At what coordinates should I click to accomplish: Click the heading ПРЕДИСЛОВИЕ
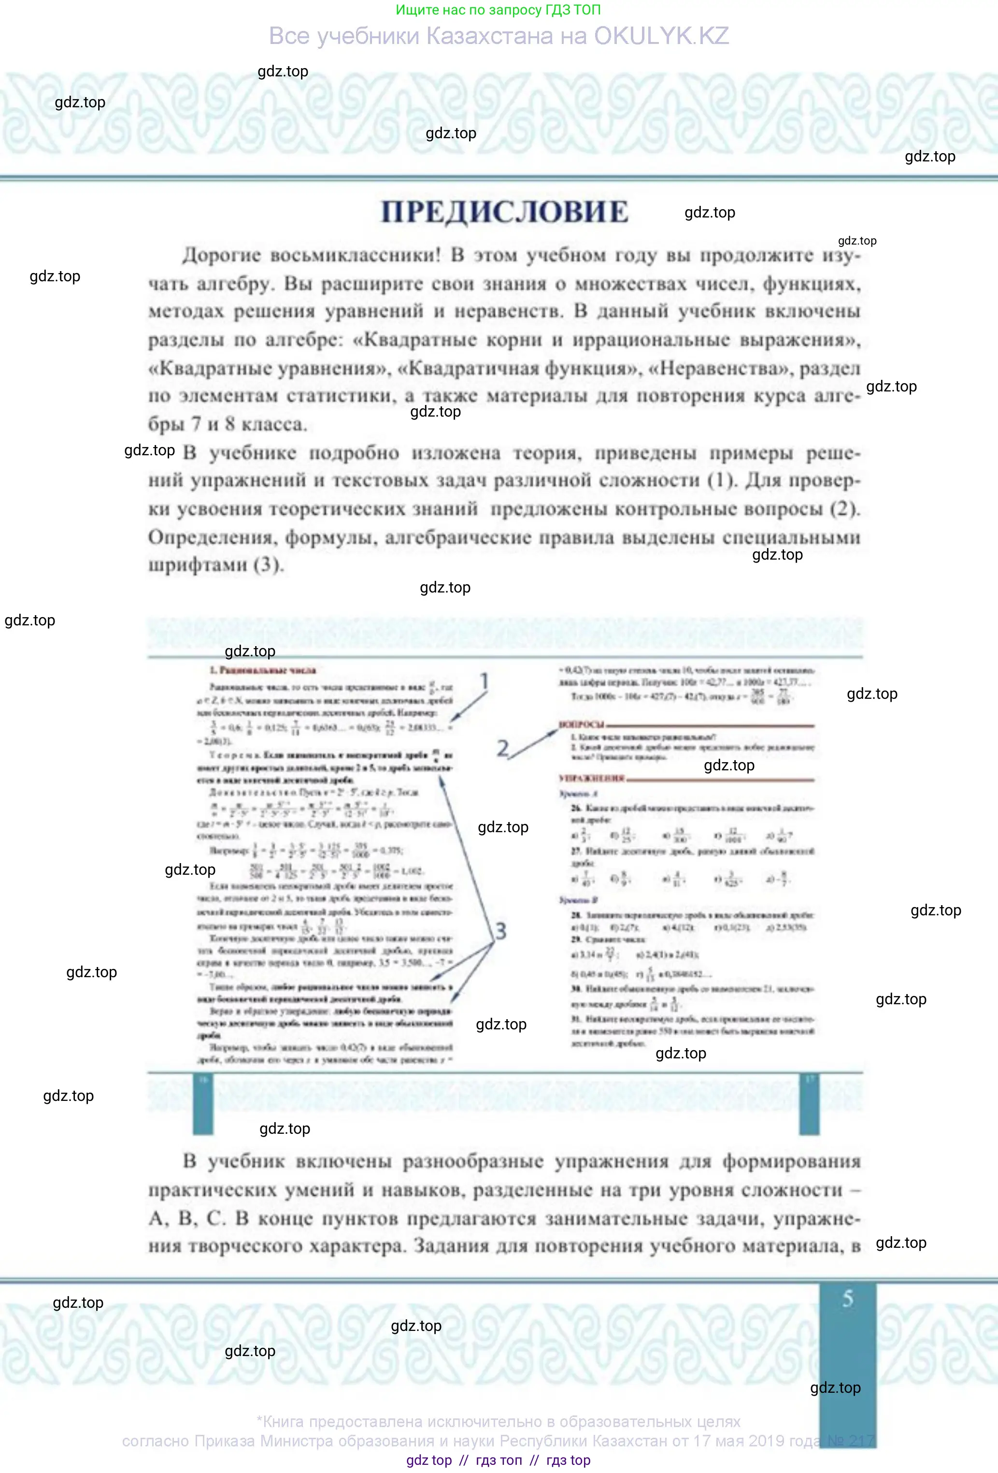504,212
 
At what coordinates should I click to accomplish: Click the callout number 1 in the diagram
484,681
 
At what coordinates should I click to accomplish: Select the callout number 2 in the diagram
502,749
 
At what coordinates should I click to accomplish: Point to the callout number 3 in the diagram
500,930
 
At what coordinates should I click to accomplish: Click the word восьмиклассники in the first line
355,256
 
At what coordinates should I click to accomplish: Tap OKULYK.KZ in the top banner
661,36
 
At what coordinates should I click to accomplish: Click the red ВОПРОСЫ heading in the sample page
581,724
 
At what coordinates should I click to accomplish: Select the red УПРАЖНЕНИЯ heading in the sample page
591,778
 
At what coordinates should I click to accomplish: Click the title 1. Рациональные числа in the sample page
262,670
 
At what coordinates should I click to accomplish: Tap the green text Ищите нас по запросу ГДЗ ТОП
498,10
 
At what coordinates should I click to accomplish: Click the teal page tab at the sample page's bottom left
203,1103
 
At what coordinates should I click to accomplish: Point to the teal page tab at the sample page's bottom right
809,1103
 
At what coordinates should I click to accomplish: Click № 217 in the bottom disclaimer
851,1441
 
